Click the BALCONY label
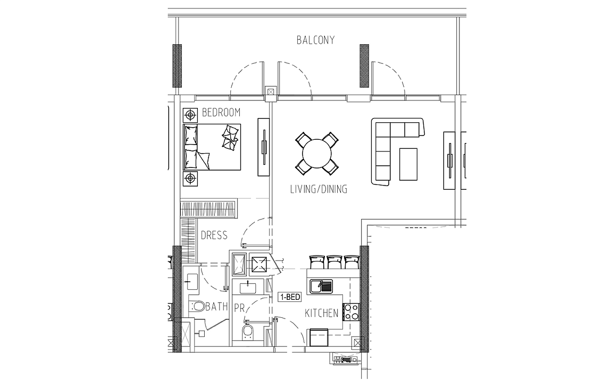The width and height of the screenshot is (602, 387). (x=315, y=40)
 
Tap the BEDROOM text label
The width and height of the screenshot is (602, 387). (x=221, y=113)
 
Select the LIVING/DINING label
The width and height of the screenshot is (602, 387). (x=319, y=189)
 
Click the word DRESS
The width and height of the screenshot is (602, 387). (x=214, y=235)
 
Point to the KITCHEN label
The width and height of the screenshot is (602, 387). (x=321, y=313)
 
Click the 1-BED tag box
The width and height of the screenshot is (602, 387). (x=290, y=297)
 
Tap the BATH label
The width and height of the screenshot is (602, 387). (x=216, y=306)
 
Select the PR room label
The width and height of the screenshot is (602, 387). (x=239, y=308)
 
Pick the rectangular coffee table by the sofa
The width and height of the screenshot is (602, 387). (x=408, y=164)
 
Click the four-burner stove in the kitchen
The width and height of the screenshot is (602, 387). (x=350, y=312)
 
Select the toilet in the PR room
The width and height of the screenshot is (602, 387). (x=248, y=332)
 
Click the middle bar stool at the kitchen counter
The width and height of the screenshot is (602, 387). (x=334, y=262)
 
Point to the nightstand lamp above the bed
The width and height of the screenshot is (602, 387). (x=190, y=115)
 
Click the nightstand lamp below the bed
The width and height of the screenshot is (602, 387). (x=190, y=179)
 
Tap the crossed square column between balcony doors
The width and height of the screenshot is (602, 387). (x=271, y=92)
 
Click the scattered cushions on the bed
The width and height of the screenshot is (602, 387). (x=230, y=137)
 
